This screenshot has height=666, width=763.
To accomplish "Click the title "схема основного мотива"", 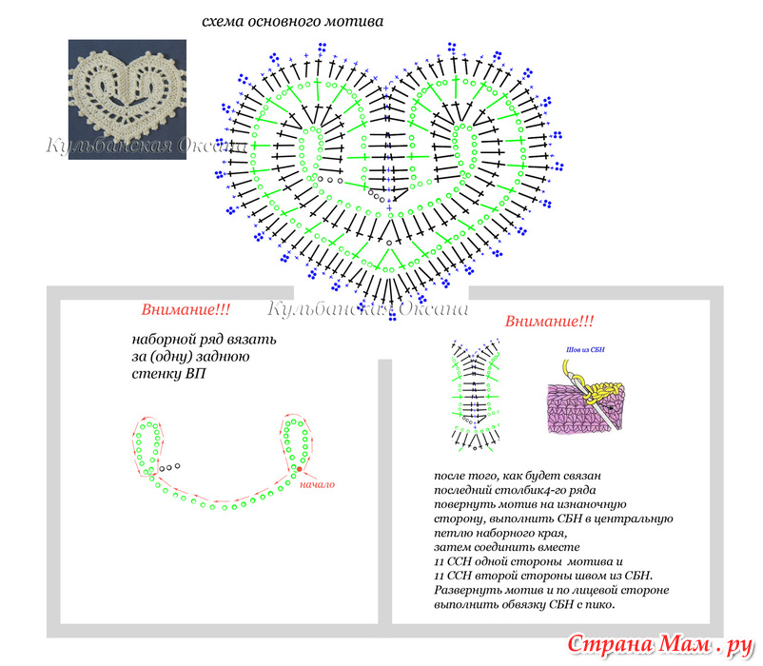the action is click(x=292, y=22).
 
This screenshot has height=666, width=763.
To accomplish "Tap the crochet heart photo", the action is click(x=127, y=99).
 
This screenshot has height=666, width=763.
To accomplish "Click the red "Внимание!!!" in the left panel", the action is click(x=186, y=309).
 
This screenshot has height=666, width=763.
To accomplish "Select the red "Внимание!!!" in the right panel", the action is click(x=549, y=321).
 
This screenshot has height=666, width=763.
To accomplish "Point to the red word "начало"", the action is click(x=317, y=484).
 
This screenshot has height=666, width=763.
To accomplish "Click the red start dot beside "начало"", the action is click(x=300, y=469).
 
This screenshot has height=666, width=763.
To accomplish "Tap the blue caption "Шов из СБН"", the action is click(x=585, y=350).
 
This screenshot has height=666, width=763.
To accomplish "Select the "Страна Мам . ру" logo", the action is click(x=660, y=645).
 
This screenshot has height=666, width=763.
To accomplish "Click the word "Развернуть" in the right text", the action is click(x=463, y=591).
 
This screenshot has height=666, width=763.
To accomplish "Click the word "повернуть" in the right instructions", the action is click(x=460, y=504).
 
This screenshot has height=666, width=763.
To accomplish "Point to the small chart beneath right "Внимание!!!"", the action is click(x=476, y=395).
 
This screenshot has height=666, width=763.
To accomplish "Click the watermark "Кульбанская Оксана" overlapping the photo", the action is click(x=147, y=146).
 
